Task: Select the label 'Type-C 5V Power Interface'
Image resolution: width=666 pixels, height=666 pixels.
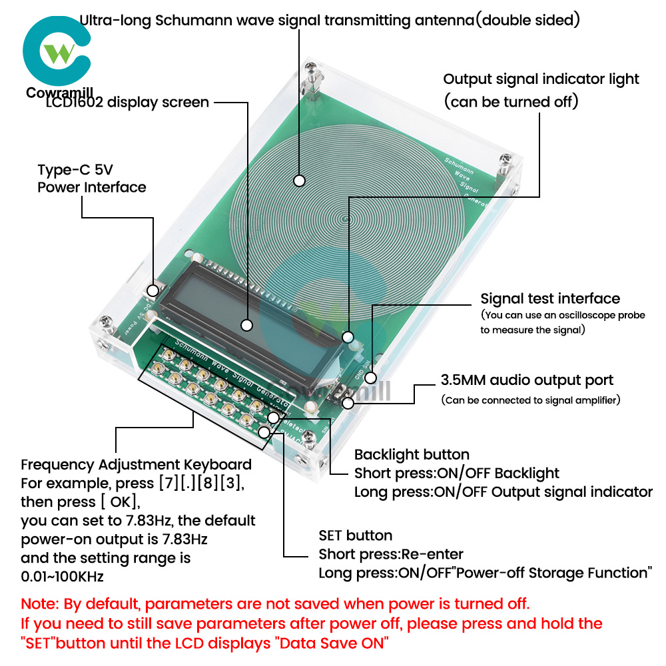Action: click(x=91, y=178)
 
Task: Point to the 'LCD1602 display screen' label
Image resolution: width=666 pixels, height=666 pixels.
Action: click(x=127, y=103)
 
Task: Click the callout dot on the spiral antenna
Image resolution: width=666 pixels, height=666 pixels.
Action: click(x=300, y=180)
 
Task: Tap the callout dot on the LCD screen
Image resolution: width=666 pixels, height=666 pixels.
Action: click(x=247, y=326)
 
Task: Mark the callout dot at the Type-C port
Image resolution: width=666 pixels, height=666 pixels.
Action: click(x=153, y=290)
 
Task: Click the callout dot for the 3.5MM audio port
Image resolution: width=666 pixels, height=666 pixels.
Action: click(x=347, y=402)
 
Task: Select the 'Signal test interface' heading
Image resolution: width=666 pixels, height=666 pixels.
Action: click(x=550, y=298)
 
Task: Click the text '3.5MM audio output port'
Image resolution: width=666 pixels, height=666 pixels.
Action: click(x=527, y=380)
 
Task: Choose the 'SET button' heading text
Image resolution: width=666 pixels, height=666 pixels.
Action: click(x=355, y=535)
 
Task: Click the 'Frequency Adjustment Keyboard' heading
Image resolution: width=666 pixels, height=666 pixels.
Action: click(x=137, y=464)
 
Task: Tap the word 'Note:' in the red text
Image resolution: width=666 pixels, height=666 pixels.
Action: click(x=41, y=605)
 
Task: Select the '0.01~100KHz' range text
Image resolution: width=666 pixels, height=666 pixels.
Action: click(x=62, y=575)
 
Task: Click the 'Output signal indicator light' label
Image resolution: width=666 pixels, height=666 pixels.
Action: click(x=541, y=79)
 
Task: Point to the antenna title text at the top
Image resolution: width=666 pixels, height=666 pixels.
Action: click(x=330, y=20)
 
